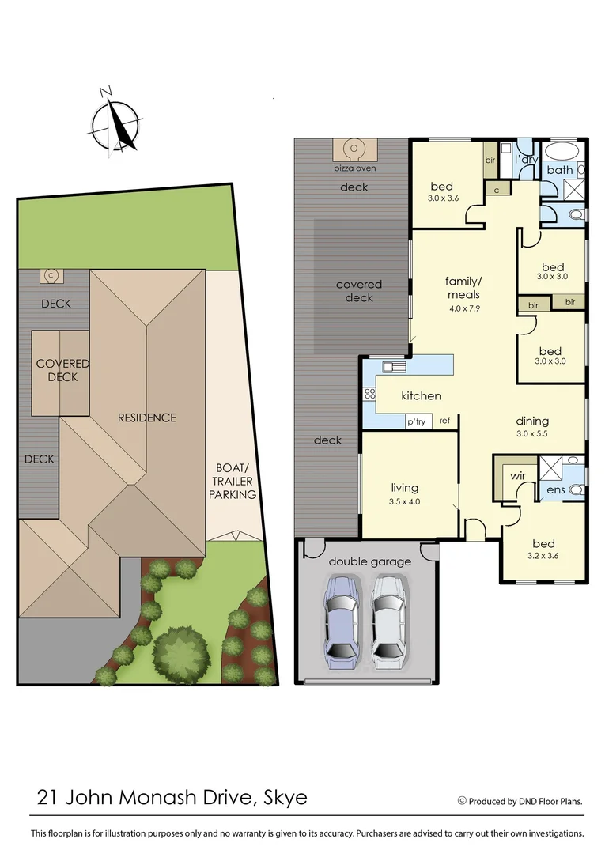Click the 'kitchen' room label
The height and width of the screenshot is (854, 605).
(421, 395)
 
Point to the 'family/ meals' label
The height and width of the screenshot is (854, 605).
(463, 287)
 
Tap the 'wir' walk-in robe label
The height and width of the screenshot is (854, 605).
(518, 476)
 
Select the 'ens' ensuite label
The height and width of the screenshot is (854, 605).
(556, 491)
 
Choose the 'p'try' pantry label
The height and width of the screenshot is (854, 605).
(416, 421)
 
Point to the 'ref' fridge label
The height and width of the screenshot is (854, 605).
(444, 421)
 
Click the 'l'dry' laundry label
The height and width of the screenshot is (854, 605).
(526, 160)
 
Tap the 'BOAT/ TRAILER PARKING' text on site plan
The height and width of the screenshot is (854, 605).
(233, 481)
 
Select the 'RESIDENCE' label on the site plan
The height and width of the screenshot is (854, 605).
(147, 417)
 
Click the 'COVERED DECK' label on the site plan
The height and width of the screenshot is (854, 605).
(62, 370)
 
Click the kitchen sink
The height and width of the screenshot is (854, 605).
(394, 366)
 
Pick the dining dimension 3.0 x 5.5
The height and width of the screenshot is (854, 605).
(531, 434)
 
